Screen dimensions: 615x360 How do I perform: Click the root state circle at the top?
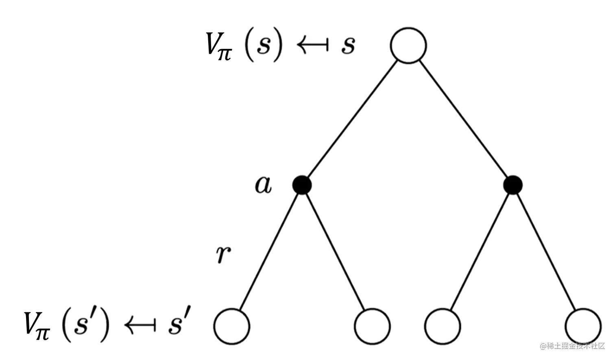(x=408, y=45)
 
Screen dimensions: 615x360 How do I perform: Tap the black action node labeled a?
(x=302, y=185)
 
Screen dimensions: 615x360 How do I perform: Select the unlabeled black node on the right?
(x=512, y=185)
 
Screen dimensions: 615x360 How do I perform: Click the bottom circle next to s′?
(x=231, y=326)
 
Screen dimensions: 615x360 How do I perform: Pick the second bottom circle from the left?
(x=372, y=326)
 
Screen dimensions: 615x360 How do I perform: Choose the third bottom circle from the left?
(x=443, y=326)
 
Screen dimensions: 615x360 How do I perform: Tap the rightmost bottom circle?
(x=583, y=326)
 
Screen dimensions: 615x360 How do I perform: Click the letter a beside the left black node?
(x=263, y=185)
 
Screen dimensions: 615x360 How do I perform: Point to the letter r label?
(x=223, y=254)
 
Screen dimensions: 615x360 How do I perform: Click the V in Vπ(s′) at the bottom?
(x=33, y=323)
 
